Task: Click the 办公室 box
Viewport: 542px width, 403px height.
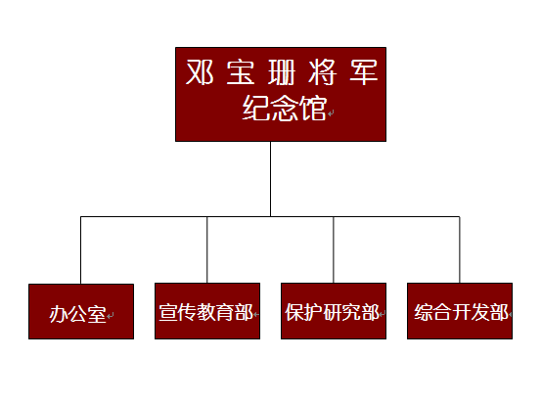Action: point(81,311)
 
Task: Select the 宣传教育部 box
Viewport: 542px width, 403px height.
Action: point(207,311)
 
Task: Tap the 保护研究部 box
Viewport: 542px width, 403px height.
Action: point(334,311)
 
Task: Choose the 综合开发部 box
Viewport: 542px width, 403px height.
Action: point(460,311)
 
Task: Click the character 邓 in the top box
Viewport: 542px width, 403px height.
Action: point(200,71)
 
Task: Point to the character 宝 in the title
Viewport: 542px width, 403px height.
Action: point(241,71)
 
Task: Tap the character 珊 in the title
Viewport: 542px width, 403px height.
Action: point(282,71)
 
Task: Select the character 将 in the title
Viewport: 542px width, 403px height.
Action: point(322,71)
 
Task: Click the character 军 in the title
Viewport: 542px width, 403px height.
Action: point(363,71)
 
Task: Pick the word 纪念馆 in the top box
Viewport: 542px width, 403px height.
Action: point(285,108)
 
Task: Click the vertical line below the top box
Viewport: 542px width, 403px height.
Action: point(270,179)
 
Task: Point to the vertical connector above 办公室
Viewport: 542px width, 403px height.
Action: point(80,250)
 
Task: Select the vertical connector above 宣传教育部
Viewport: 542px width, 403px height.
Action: point(207,249)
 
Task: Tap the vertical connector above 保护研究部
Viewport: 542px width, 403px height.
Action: point(334,249)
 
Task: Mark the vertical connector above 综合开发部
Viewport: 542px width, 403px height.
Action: point(460,249)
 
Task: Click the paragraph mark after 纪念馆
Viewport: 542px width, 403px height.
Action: point(331,113)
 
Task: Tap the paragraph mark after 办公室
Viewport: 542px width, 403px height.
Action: point(110,315)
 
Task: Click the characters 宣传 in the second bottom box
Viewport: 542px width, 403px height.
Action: point(177,312)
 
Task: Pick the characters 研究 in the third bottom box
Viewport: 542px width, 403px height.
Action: point(341,312)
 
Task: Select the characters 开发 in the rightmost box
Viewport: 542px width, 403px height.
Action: point(472,312)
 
